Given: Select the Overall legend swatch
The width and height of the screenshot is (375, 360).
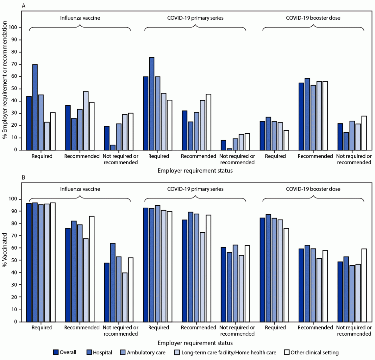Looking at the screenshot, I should [56, 352].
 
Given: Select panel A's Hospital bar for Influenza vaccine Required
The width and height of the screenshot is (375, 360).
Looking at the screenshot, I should [35, 107].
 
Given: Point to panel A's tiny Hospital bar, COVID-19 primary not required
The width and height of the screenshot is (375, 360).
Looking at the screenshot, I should [229, 149].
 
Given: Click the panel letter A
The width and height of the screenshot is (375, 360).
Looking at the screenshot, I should [23, 6].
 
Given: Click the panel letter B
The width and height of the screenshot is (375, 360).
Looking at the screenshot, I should [23, 178].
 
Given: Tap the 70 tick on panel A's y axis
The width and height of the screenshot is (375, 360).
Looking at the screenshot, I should [15, 64].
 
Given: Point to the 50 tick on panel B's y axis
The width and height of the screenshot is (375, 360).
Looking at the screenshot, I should [15, 260].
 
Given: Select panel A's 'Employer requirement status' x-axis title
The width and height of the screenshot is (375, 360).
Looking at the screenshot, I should [195, 171].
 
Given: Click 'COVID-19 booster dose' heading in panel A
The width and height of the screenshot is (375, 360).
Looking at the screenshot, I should [313, 18].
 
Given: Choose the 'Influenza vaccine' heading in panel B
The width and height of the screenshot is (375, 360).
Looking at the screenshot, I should [80, 189].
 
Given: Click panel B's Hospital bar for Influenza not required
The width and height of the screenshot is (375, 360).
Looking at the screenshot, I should [113, 282].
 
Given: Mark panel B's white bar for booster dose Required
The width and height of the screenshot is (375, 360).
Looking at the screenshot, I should [286, 275].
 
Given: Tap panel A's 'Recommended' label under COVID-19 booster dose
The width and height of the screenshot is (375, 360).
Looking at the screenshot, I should [315, 156].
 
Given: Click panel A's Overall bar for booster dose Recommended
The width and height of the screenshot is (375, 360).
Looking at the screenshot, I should [301, 116].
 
